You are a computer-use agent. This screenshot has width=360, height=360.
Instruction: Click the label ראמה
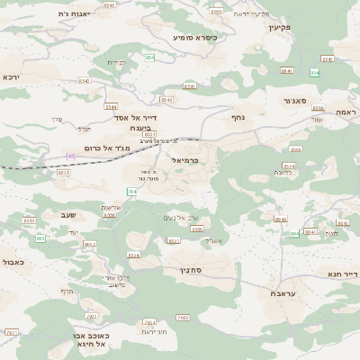345,112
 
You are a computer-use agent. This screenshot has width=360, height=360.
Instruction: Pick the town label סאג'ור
295,101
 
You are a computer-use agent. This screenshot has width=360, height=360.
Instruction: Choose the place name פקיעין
282,28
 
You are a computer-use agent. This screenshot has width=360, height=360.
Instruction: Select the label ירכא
12,77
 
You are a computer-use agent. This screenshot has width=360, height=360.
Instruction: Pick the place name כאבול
13,262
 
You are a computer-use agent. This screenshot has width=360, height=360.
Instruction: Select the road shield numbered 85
70,157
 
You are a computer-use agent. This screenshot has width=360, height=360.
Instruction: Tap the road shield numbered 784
132,191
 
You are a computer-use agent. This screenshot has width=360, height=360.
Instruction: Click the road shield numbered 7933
12,332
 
